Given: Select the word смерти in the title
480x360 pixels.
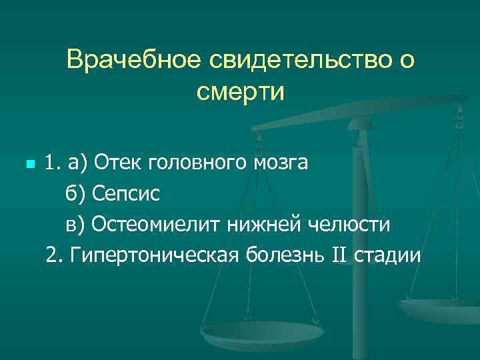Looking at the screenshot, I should coord(240,91).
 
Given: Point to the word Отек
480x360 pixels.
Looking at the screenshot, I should coord(118,163).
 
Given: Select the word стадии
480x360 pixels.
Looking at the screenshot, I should coord(395,255).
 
